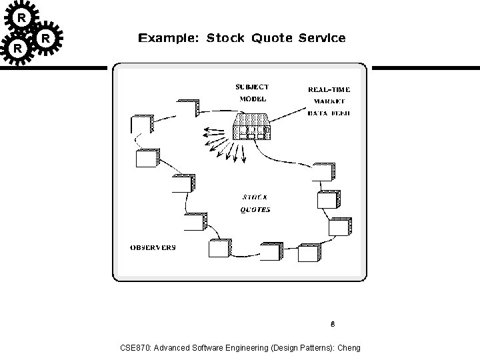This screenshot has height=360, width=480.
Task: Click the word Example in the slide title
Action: pyautogui.click(x=167, y=38)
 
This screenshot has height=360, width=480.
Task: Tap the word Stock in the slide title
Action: pyautogui.click(x=227, y=38)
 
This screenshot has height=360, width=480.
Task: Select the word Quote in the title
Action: pyautogui.click(x=272, y=38)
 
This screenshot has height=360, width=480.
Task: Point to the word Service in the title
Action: pyautogui.click(x=322, y=38)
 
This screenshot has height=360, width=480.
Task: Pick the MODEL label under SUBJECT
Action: pyautogui.click(x=252, y=99)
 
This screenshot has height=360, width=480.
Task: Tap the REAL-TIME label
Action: pyautogui.click(x=329, y=89)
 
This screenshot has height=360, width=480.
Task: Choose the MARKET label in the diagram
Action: pyautogui.click(x=329, y=101)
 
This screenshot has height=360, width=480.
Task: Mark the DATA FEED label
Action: pyautogui.click(x=329, y=113)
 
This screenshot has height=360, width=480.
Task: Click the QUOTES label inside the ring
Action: pyautogui.click(x=255, y=209)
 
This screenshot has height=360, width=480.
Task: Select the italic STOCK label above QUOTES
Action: pyautogui.click(x=255, y=197)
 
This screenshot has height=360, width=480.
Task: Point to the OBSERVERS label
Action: pyautogui.click(x=153, y=247)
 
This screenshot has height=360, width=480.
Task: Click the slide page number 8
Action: pyautogui.click(x=331, y=325)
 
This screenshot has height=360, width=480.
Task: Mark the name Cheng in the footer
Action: pyautogui.click(x=349, y=348)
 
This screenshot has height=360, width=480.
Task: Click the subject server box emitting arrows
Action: pyautogui.click(x=251, y=128)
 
